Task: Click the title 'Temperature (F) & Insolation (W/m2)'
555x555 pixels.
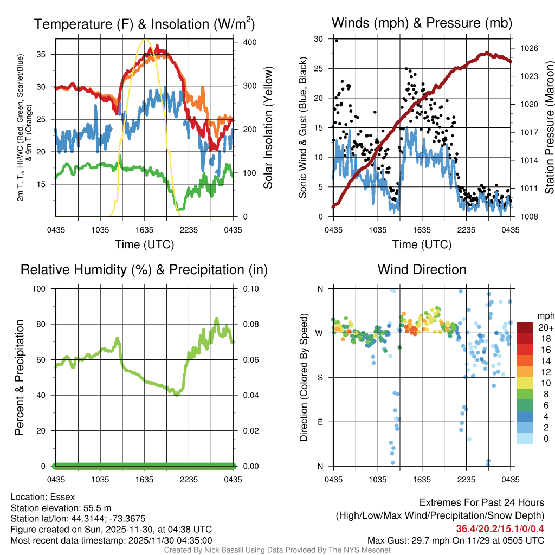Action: [x=144, y=24]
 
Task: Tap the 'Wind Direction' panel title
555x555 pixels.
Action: [x=422, y=269]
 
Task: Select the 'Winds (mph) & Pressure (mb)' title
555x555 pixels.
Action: [x=422, y=23]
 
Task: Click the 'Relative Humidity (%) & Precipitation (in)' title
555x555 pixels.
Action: [x=144, y=269]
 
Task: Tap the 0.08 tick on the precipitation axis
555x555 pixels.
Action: [x=250, y=324]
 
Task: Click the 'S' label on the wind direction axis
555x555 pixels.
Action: [x=320, y=377]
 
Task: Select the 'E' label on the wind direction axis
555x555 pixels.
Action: [x=320, y=422]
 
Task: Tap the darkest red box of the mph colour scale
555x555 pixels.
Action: [x=525, y=327]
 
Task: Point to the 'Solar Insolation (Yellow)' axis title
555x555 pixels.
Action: [x=268, y=128]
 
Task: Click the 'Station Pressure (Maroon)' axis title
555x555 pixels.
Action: [x=548, y=128]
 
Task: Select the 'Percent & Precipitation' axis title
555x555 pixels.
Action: [x=20, y=377]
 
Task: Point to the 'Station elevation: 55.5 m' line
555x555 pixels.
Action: [x=61, y=508]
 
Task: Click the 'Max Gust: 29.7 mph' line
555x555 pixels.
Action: [x=455, y=540]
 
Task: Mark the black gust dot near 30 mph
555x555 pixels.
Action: [x=337, y=40]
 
